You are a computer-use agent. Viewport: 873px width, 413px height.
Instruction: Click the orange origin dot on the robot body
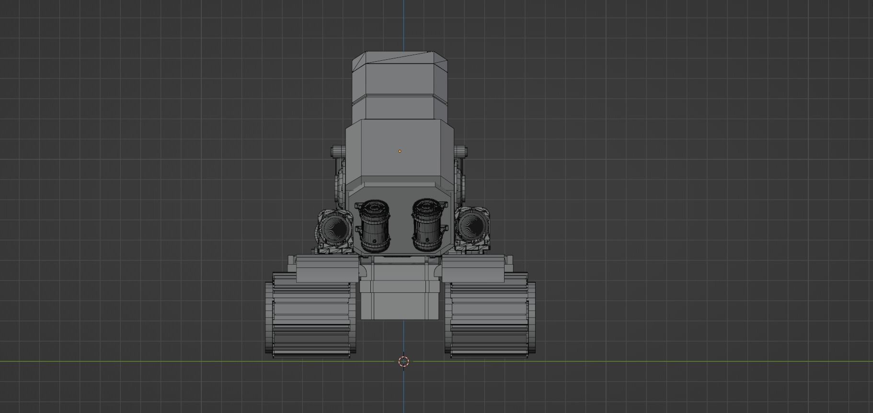point(400,151)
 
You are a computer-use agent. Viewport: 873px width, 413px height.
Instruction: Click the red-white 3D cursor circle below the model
point(403,361)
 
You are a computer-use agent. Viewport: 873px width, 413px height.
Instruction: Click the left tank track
point(310,316)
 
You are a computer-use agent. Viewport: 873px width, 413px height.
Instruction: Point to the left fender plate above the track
point(327,269)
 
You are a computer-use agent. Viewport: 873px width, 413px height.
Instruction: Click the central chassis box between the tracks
point(400,301)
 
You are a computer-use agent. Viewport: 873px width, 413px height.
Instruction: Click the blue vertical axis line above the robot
point(403,24)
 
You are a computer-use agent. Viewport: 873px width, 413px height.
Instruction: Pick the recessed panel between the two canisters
point(400,225)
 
